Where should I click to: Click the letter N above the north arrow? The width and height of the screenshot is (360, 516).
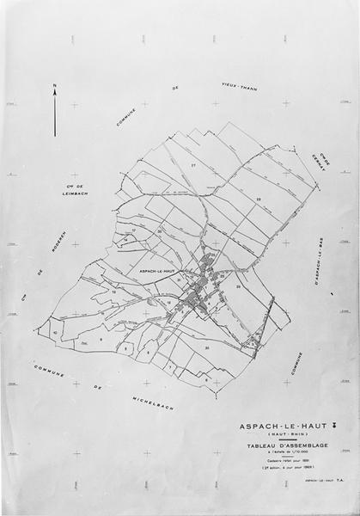pos(55,86)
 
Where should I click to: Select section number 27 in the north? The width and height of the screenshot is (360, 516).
pos(194,163)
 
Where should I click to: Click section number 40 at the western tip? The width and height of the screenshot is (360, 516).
pos(56,332)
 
